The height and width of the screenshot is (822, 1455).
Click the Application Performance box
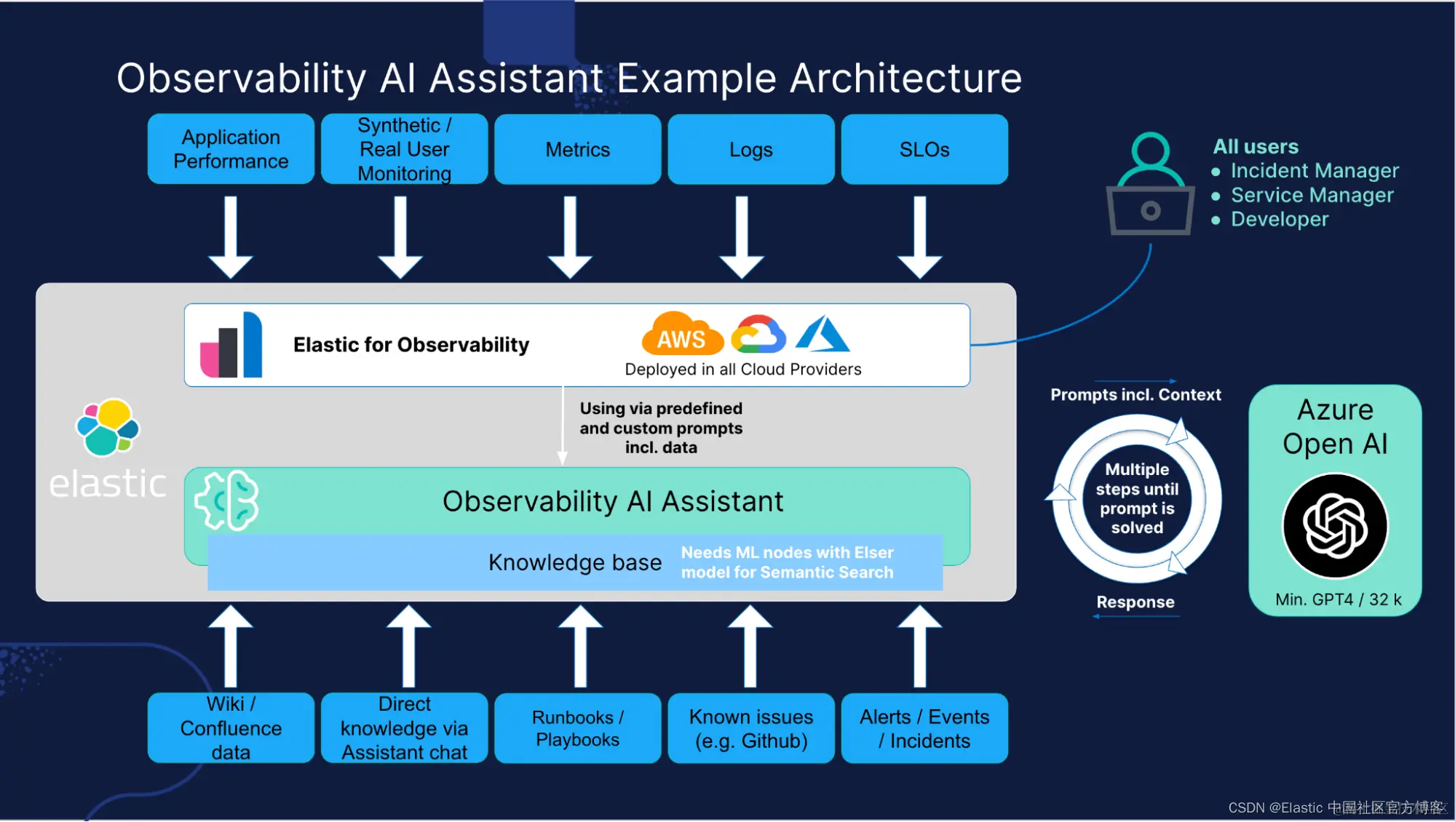231,149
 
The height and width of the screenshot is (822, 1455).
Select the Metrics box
578,149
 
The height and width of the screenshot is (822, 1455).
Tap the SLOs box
924,149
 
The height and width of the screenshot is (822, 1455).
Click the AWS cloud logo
682,334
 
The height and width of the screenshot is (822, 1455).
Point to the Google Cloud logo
758,335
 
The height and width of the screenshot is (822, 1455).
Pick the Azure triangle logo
823,333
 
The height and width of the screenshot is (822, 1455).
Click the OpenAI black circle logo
1335,525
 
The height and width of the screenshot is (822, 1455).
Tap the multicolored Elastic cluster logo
108,427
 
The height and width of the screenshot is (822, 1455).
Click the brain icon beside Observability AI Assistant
226,500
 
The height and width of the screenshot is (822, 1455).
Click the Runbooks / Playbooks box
578,728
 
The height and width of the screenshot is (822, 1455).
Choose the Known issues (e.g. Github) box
751,728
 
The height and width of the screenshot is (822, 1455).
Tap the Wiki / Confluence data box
231,728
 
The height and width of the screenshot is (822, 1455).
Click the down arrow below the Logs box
742,237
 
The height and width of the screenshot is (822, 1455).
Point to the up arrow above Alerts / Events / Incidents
920,646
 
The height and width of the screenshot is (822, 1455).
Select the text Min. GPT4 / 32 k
1339,599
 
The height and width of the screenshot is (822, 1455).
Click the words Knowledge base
575,562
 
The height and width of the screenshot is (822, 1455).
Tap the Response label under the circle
1135,602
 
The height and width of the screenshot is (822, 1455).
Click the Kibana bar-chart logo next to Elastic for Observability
231,345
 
